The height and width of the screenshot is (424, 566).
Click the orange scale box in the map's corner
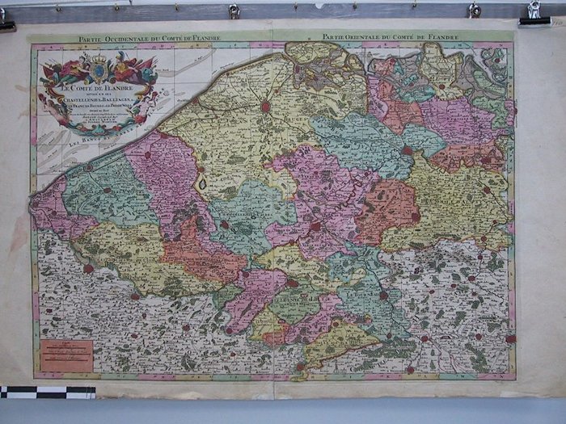tap(66, 356)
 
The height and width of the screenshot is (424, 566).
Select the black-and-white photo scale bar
tap(48, 393)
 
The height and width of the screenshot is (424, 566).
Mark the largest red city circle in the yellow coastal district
tap(265, 105)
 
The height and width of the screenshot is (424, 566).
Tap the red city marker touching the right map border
tap(510, 338)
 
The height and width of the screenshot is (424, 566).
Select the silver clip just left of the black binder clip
tap(475, 10)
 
